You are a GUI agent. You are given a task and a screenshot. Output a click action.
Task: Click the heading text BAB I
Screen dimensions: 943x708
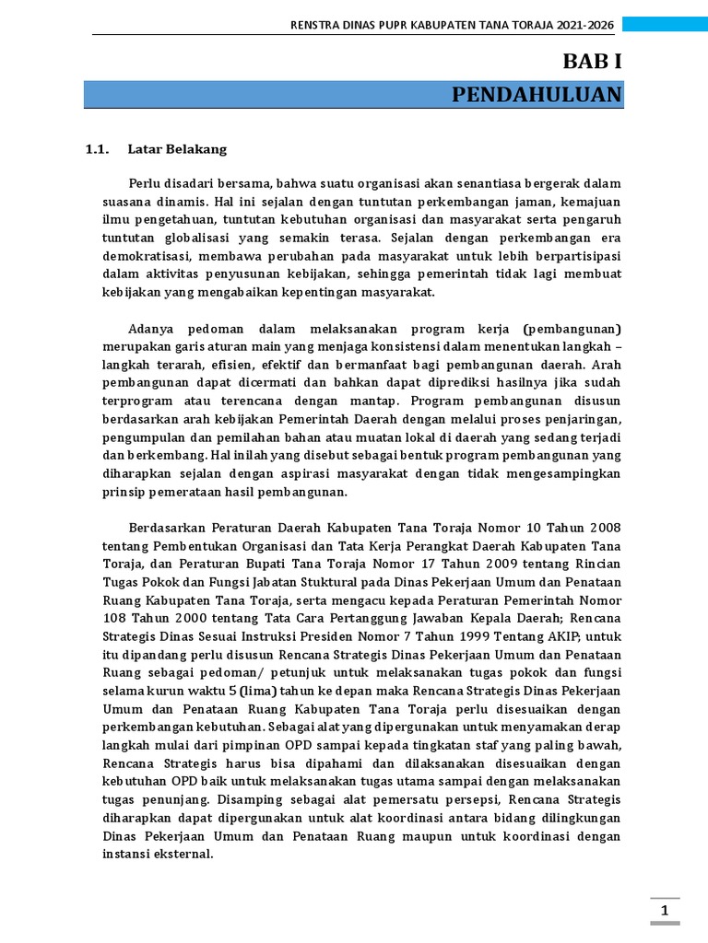pos(593,62)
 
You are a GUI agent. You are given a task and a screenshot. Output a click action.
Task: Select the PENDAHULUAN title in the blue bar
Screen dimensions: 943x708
pos(537,95)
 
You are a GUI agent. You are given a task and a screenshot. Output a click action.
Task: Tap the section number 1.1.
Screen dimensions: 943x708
pos(97,148)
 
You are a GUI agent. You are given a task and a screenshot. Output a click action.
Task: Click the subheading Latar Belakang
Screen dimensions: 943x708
pos(177,148)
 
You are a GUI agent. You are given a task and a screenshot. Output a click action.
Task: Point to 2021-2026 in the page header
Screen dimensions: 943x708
pos(588,25)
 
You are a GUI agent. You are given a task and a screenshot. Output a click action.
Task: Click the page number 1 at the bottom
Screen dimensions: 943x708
pos(664,912)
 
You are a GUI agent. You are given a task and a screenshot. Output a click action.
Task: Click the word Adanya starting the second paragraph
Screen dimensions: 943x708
pos(153,329)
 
